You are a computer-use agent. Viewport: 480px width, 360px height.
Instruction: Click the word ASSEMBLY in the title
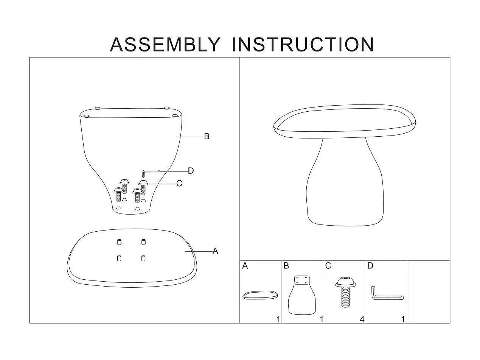point(165,45)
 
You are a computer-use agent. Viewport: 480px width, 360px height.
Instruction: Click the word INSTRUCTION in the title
point(303,45)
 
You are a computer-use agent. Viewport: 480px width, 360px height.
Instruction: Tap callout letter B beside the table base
point(207,137)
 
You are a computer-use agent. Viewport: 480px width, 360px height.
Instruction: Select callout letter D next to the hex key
point(191,171)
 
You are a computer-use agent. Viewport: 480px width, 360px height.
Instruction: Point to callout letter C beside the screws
point(179,183)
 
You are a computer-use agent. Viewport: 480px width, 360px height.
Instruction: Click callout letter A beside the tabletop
point(215,251)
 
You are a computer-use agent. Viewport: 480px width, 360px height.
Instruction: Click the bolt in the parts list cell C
point(345,292)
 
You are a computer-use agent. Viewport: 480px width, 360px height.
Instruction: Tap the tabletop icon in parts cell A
point(260,295)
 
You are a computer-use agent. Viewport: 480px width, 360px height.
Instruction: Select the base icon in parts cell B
point(302,295)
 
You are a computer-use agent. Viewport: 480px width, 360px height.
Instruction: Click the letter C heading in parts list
point(328,266)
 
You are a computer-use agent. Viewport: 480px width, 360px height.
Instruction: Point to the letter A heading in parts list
point(245,266)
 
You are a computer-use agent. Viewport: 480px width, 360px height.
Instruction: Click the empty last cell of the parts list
point(429,292)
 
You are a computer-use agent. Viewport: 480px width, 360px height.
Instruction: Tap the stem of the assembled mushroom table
point(345,182)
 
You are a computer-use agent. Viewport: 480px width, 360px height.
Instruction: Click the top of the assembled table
point(345,121)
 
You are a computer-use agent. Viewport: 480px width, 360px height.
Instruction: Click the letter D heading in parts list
point(370,266)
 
